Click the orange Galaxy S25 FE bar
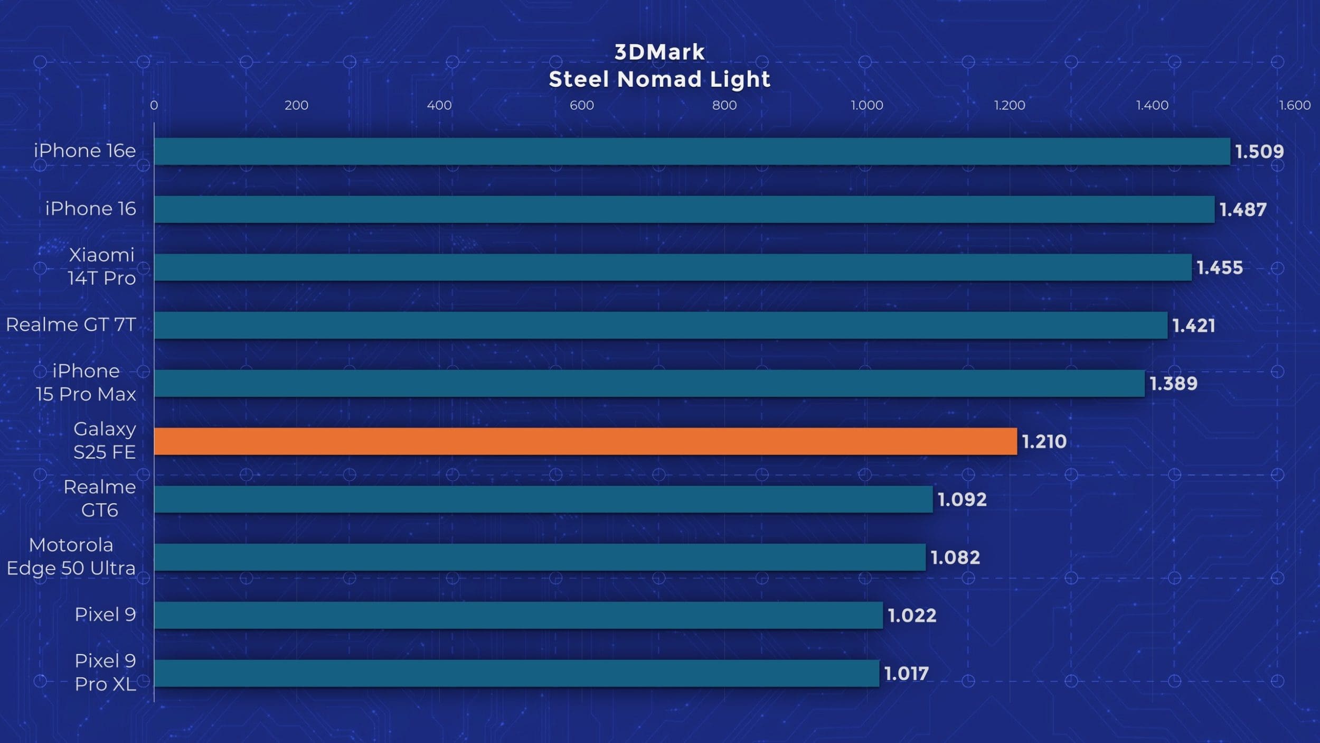coord(585,441)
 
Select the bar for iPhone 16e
coord(692,152)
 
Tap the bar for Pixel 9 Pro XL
coord(516,673)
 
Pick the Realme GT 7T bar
coord(660,325)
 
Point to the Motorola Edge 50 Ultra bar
coord(540,557)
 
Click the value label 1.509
coord(1259,152)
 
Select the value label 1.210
coord(1044,442)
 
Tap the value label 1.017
coord(906,674)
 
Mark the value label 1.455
coord(1219,268)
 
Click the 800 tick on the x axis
coord(724,105)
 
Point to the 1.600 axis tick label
coord(1295,105)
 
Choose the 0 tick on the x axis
coord(154,105)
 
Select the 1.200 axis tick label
coord(1010,105)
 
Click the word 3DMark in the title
coord(659,52)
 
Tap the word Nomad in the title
coord(659,80)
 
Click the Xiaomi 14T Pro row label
coord(101,266)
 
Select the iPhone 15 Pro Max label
coord(86,383)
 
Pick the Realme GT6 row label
coord(99,498)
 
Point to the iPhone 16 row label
coord(90,209)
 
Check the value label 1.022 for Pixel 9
coord(912,616)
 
